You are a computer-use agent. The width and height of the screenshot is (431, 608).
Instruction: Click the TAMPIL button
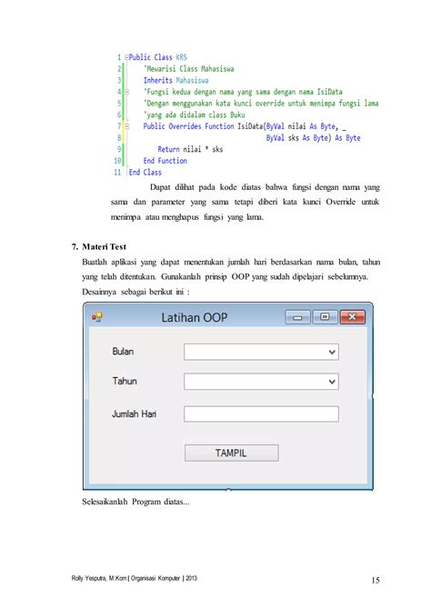tap(231, 453)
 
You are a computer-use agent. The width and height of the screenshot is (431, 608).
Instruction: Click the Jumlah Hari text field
tap(261, 414)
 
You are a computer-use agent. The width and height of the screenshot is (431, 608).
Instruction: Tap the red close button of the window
tap(352, 316)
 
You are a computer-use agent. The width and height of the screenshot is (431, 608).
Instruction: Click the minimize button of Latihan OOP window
tap(296, 316)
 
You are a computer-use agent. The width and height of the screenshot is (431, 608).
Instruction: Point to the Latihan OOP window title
tap(195, 317)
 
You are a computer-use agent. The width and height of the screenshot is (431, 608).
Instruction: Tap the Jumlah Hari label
tap(135, 414)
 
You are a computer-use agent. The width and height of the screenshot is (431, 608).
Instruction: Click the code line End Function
tap(165, 160)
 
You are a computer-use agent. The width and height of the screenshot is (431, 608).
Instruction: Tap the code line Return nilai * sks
tap(190, 149)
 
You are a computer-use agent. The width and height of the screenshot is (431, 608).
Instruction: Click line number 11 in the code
tap(117, 171)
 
